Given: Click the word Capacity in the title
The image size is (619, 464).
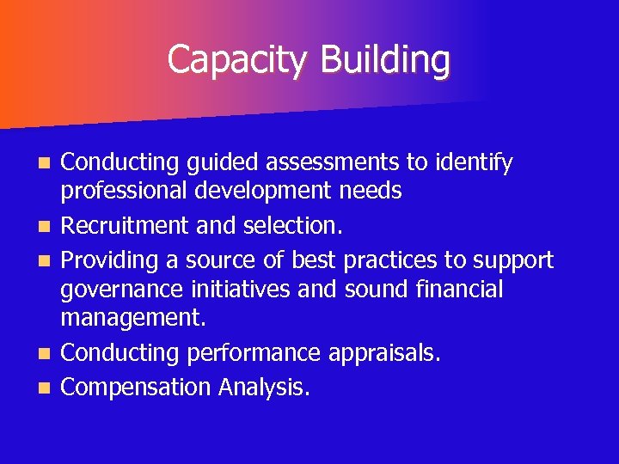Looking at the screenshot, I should pos(238,60).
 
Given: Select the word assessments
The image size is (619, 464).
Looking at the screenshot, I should pos(322,162).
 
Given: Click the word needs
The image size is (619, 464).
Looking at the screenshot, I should pos(370,191).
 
